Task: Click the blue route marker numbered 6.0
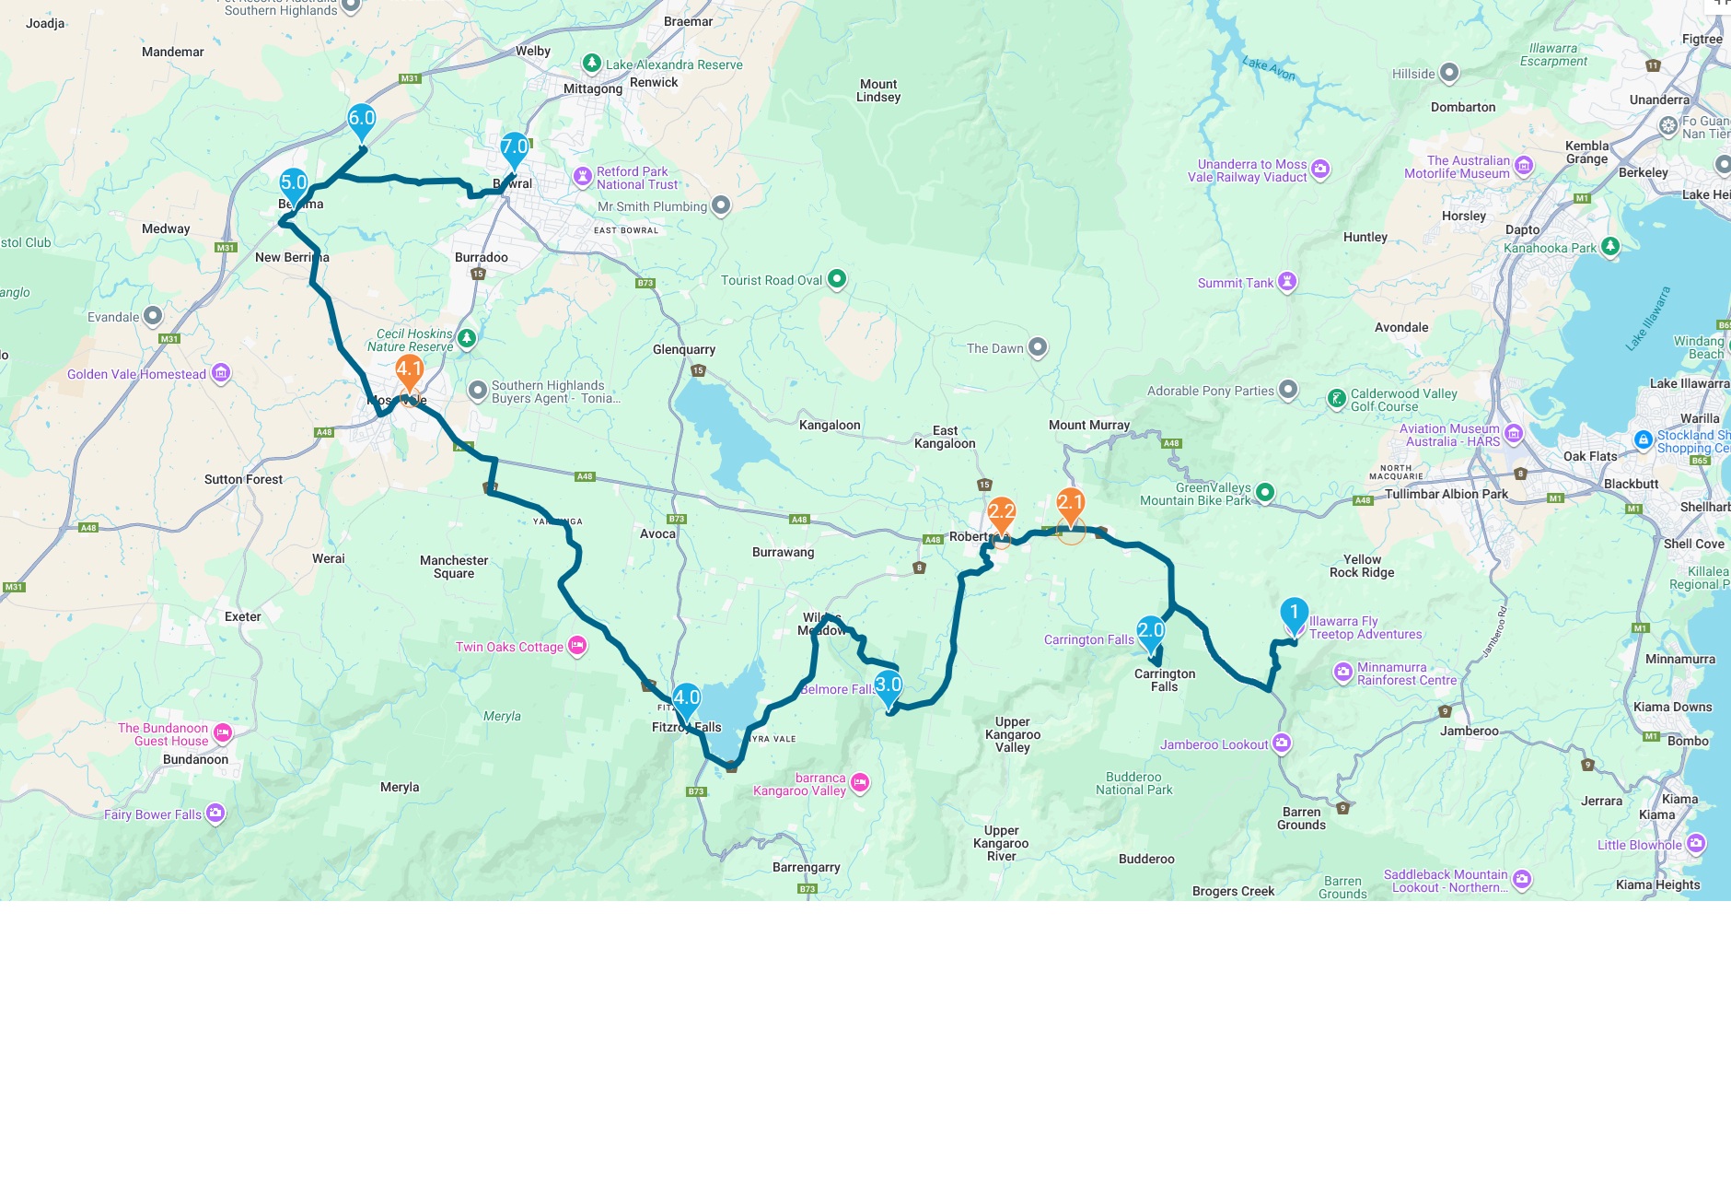361,120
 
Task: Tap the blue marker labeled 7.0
514,148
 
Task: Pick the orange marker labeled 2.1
1070,504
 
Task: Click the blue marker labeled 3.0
888,686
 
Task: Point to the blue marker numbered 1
1294,614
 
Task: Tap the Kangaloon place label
830,426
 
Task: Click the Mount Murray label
1088,426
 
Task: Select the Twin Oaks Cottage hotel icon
577,646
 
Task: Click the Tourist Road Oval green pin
836,279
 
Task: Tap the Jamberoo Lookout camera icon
1282,743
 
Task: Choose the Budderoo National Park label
1133,784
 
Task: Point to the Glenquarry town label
683,350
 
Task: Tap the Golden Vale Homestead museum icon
221,373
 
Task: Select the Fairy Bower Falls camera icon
215,813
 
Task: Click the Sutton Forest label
243,480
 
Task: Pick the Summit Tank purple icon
1287,282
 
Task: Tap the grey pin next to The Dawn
1038,347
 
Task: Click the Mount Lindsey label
878,90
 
